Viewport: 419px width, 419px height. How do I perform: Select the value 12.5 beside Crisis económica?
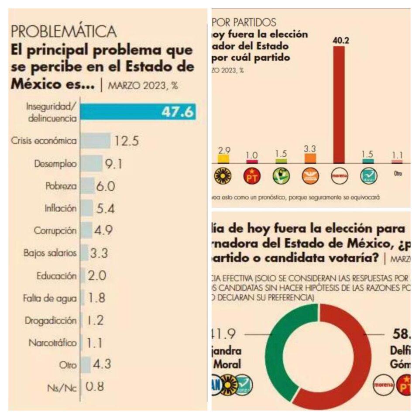pyautogui.click(x=127, y=141)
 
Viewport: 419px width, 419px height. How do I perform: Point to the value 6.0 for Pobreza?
pyautogui.click(x=105, y=186)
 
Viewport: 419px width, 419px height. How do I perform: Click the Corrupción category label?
pyautogui.click(x=56, y=230)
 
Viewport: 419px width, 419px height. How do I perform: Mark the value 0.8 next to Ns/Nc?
pyautogui.click(x=95, y=387)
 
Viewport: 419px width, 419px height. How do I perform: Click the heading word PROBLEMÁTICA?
pyautogui.click(x=63, y=31)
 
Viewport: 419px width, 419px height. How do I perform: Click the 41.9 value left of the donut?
pyautogui.click(x=224, y=334)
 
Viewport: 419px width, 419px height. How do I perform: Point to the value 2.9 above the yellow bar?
pyautogui.click(x=224, y=151)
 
